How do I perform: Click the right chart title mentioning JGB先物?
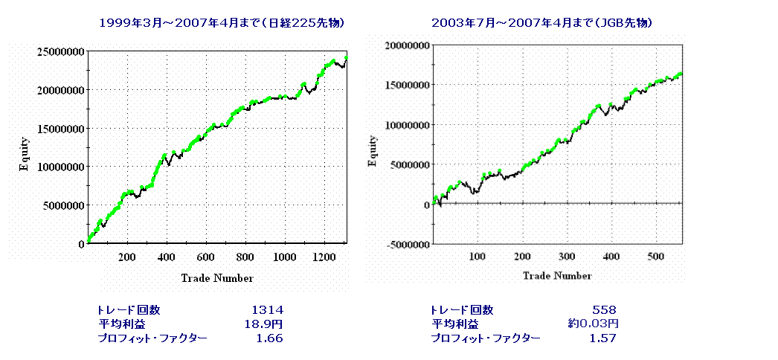[x=542, y=23]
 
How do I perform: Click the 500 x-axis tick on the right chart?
[x=656, y=257]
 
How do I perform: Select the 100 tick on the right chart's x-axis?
[x=478, y=257]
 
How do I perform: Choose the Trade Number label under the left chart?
[x=216, y=278]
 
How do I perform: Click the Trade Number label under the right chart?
[x=556, y=276]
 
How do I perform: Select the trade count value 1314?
[x=267, y=309]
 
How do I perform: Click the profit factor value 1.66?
[x=269, y=338]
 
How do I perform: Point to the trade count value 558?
[x=604, y=309]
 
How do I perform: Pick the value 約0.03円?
[x=593, y=324]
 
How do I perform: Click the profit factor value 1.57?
[x=603, y=338]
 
